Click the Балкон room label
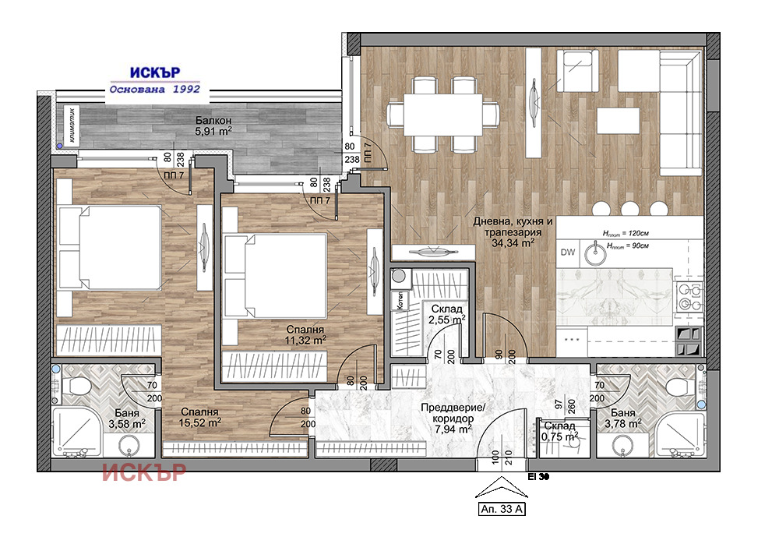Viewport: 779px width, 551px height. pos(213,120)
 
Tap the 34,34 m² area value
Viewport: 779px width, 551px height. pos(513,243)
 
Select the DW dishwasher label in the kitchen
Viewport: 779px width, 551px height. pos(568,252)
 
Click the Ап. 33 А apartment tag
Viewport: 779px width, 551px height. pos(502,509)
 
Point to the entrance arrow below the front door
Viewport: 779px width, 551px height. pos(502,487)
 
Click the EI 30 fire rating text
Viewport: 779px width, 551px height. pos(538,477)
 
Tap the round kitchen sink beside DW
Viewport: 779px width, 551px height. pos(594,254)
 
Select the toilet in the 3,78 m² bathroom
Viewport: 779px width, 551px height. pos(679,386)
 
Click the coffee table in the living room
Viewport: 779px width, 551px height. pos(618,121)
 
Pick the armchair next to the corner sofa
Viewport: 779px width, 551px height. pos(576,71)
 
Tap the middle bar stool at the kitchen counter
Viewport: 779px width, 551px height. pos(629,208)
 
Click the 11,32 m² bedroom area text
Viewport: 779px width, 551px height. pos(306,341)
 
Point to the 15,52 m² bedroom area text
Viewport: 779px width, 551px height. pos(200,422)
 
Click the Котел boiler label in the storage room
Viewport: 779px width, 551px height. pos(400,301)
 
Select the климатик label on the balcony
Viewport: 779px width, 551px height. pos(72,125)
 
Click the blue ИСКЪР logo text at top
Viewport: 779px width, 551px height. pos(155,72)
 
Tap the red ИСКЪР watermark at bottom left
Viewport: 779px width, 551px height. pos(144,472)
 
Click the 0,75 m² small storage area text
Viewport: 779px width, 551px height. pos(562,436)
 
